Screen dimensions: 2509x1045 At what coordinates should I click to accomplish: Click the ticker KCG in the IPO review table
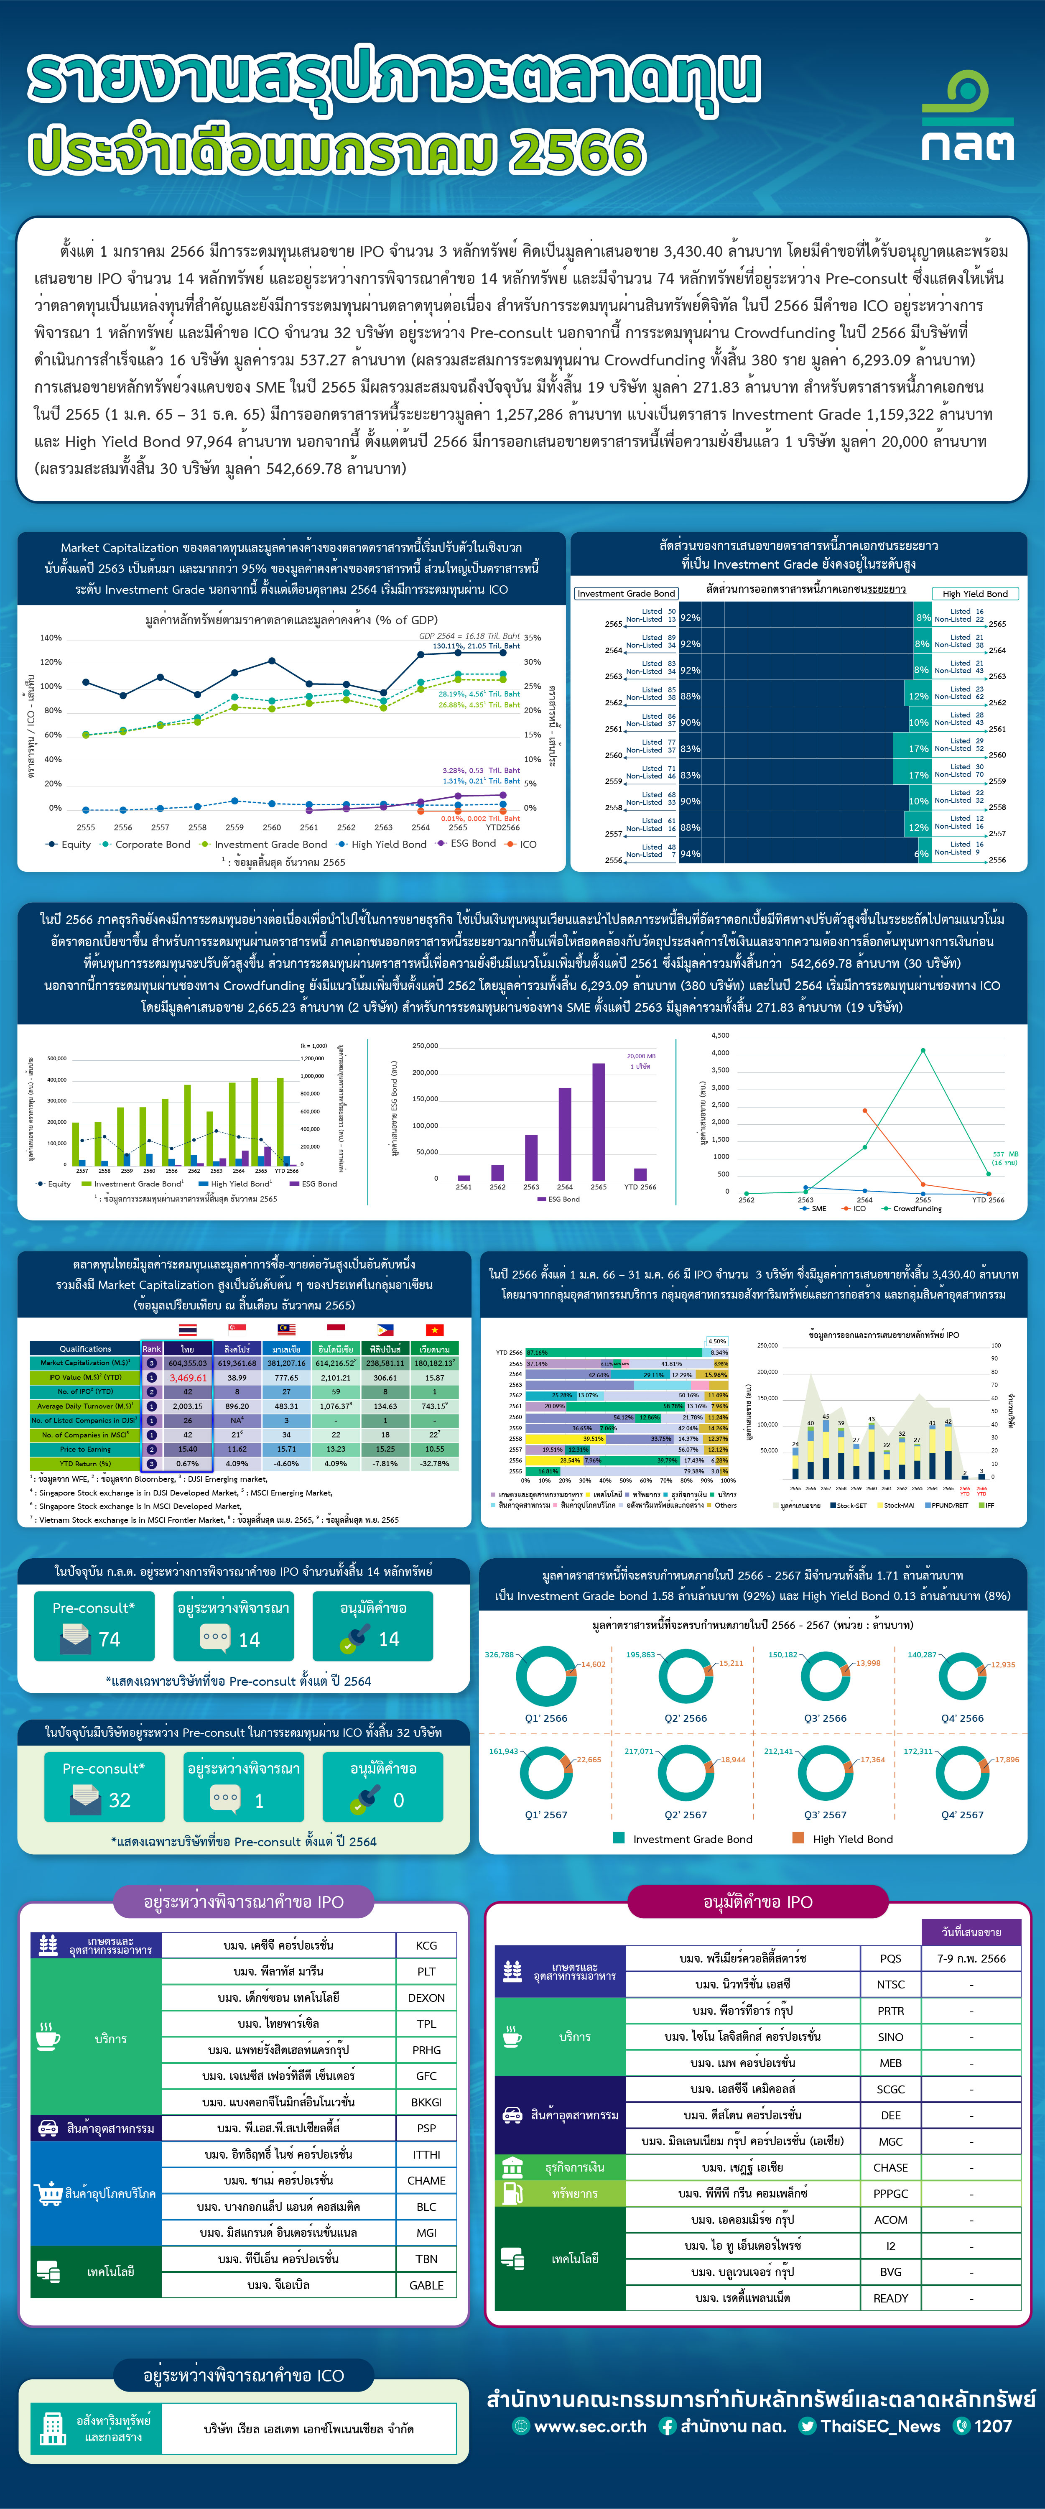[x=426, y=1945]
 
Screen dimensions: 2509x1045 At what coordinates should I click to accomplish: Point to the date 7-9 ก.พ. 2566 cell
[x=971, y=1958]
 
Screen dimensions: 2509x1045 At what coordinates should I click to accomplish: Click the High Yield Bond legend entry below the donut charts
[x=852, y=1839]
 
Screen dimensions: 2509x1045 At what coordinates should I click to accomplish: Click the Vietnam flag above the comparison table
[x=434, y=1330]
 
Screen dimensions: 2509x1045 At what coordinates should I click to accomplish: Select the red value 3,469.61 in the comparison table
[x=188, y=1377]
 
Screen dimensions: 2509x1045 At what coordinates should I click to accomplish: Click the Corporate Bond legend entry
[x=152, y=845]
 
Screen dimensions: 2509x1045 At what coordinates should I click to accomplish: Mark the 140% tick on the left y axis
[x=51, y=638]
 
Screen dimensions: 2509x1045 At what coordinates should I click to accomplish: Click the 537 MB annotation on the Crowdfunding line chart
[x=1005, y=1154]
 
